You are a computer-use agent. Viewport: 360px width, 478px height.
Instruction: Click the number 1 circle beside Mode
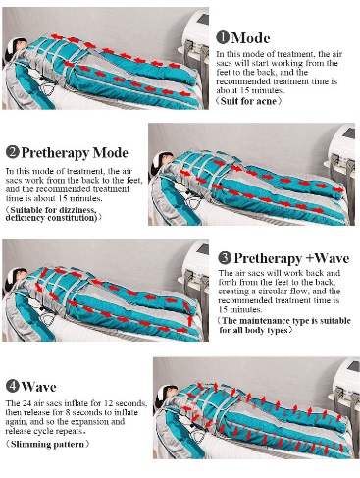coord(223,37)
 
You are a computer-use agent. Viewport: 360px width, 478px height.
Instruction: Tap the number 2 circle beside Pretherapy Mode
coord(13,152)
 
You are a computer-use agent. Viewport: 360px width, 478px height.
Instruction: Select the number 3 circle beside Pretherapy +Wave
coord(225,258)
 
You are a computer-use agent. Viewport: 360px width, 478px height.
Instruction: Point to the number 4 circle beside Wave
coord(13,386)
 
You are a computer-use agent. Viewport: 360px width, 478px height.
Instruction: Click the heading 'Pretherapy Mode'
coord(75,153)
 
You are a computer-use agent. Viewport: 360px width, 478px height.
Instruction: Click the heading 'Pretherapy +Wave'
coord(291,258)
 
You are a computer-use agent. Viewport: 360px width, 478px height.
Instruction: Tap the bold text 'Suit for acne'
coord(248,101)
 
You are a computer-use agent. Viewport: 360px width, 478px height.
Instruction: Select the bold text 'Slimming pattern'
coord(47,444)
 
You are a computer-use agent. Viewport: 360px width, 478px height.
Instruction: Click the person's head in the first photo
coord(17,47)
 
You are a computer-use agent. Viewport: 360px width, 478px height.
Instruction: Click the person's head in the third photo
coord(17,278)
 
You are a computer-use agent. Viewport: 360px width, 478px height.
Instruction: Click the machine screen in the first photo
coord(204,19)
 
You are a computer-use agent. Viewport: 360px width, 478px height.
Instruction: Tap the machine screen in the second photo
coord(349,133)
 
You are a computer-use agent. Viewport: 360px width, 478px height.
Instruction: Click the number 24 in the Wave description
coord(26,402)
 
